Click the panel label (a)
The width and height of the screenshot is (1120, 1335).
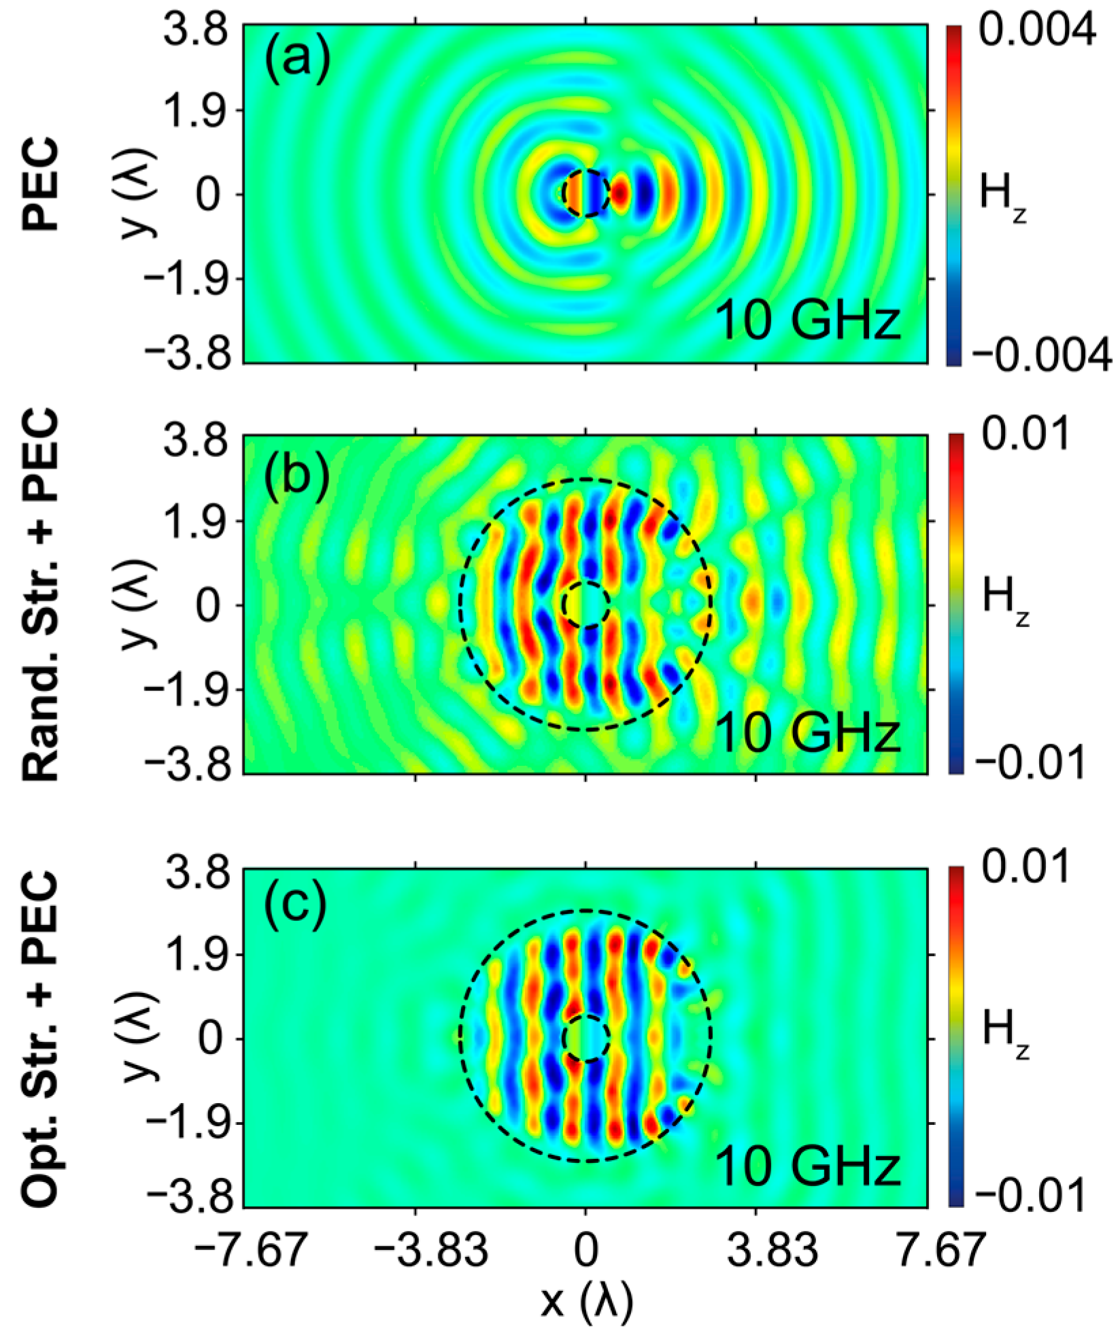click(x=297, y=61)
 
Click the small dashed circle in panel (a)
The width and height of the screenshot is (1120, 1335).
click(x=586, y=192)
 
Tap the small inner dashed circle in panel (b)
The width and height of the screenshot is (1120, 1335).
click(x=586, y=604)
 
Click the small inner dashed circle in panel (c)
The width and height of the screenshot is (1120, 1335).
click(x=586, y=1038)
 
